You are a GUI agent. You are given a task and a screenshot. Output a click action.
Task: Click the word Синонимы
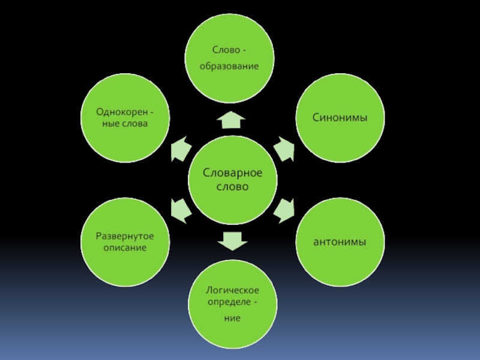coord(340,118)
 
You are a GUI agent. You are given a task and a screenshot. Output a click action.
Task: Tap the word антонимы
coord(340,241)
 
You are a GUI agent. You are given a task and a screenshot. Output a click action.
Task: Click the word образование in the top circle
coord(229,65)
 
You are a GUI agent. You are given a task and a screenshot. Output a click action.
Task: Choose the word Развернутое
coord(125,236)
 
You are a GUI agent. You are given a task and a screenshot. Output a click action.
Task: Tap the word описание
coord(125,247)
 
